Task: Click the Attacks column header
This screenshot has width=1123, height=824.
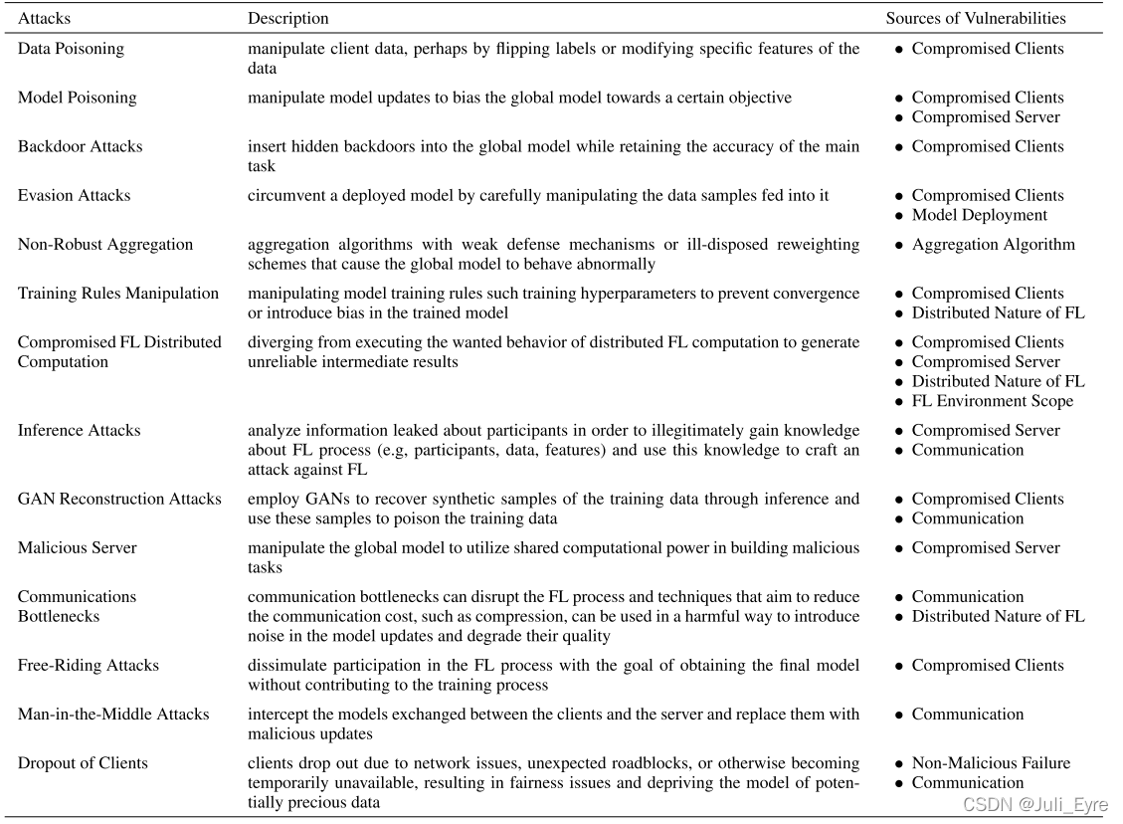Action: (x=45, y=18)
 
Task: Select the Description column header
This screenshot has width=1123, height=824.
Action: (x=288, y=18)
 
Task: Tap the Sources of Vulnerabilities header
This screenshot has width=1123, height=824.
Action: (x=976, y=18)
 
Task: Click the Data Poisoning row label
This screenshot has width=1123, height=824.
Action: (x=72, y=49)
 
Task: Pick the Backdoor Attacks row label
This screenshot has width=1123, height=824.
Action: (x=81, y=146)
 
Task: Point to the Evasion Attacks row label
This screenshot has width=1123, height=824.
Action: (x=75, y=196)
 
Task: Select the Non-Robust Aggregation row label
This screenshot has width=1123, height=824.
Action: (x=105, y=245)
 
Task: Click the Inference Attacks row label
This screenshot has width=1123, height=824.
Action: (x=80, y=431)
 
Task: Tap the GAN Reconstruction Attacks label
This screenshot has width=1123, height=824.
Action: (x=119, y=500)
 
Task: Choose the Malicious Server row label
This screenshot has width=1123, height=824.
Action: (x=78, y=548)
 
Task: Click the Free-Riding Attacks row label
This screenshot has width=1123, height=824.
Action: (x=89, y=666)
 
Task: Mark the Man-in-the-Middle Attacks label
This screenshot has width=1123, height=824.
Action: (x=113, y=715)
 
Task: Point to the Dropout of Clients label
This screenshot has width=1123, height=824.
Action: (x=83, y=763)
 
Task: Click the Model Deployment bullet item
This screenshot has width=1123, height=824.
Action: (x=979, y=215)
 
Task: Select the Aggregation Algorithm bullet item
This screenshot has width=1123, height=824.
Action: (x=993, y=245)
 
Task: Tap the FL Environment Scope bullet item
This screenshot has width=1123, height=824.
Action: (x=992, y=401)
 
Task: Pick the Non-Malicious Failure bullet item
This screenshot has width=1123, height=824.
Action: (x=991, y=763)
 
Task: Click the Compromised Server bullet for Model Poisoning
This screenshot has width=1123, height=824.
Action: (x=986, y=117)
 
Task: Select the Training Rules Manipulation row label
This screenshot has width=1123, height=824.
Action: (x=118, y=294)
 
